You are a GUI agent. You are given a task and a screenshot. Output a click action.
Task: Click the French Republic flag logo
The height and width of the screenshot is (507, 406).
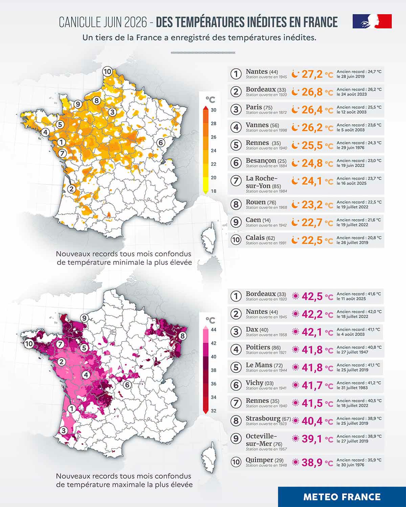coord(372,21)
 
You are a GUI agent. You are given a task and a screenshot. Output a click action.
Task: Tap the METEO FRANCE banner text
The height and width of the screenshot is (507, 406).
coord(342,497)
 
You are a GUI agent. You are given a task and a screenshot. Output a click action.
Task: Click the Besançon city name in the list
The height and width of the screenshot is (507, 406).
coord(261,161)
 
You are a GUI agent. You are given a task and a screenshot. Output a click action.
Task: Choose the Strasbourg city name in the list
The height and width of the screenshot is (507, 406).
coord(263,418)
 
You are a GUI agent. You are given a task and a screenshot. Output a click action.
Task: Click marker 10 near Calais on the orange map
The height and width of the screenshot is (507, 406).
coord(108,71)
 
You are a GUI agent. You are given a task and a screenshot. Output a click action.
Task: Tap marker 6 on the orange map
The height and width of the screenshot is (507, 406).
coord(161,143)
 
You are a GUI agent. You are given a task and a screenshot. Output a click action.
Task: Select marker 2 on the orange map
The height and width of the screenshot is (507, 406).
coord(71,189)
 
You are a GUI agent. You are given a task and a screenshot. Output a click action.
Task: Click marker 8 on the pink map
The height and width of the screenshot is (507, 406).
coord(182,336)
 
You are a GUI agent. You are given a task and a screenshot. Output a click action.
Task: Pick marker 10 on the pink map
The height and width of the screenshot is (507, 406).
coord(29,344)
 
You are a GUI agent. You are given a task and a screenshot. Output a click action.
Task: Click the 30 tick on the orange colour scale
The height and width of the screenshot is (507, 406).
coord(213,110)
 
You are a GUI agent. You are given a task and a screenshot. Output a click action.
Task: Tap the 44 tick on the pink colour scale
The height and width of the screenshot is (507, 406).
coord(213,330)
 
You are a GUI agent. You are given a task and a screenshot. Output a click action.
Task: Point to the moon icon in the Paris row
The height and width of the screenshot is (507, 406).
coord(295,110)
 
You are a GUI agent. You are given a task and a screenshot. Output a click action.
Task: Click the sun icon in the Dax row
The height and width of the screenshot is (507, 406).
coord(295,332)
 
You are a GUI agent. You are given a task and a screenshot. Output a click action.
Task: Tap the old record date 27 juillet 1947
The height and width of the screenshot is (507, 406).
coord(352,352)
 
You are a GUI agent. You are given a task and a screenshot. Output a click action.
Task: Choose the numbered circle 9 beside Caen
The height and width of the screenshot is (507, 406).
coord(236,222)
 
